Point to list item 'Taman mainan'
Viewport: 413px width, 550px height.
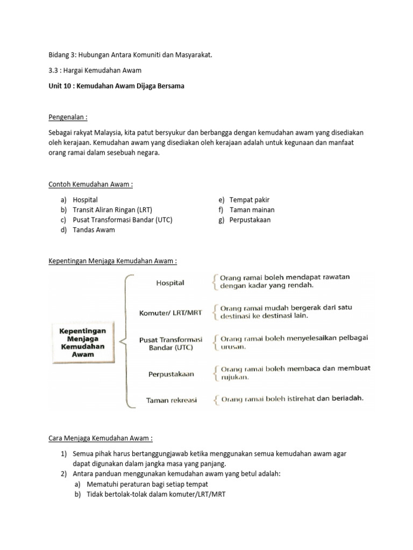click(x=252, y=210)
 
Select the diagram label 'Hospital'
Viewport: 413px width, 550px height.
click(x=170, y=283)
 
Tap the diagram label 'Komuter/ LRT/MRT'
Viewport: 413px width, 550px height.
click(x=169, y=312)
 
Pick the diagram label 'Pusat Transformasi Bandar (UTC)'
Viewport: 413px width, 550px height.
click(x=170, y=343)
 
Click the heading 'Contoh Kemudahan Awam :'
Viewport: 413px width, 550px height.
click(x=90, y=184)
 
